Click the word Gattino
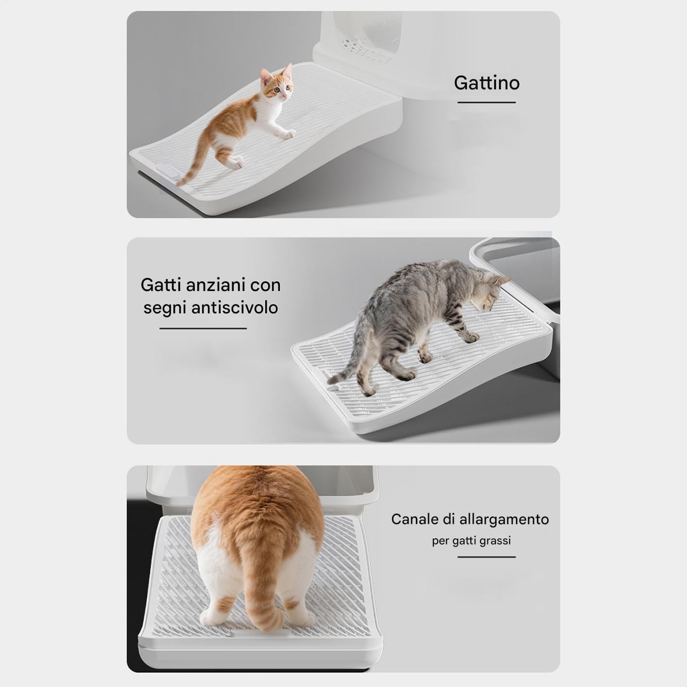pyautogui.click(x=487, y=83)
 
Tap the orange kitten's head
pyautogui.click(x=277, y=85)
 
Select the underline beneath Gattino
pyautogui.click(x=487, y=103)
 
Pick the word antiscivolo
pyautogui.click(x=235, y=308)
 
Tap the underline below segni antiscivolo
pyautogui.click(x=203, y=328)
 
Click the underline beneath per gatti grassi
pyautogui.click(x=487, y=557)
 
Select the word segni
pyautogui.click(x=165, y=308)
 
